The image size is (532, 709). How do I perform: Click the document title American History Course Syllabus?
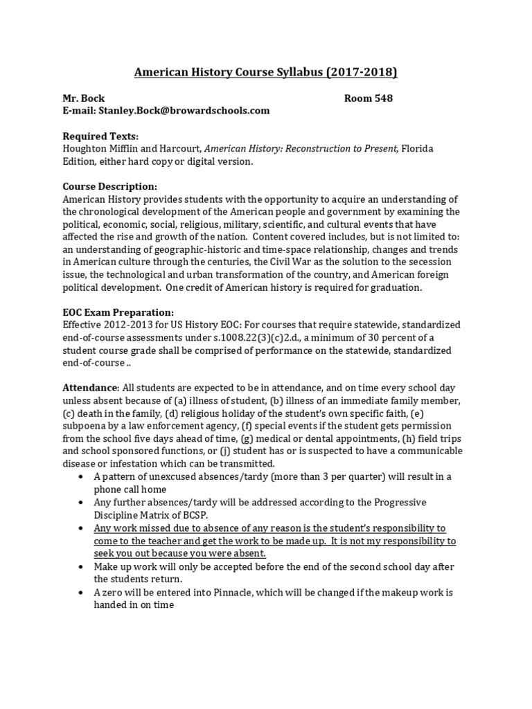(x=265, y=73)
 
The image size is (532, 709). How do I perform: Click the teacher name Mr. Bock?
(x=84, y=98)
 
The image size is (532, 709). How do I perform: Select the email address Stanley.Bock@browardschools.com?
(x=183, y=111)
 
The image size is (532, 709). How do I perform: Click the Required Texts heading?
(x=100, y=136)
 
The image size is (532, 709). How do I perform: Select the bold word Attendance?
(x=91, y=388)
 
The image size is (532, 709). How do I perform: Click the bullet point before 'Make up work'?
(x=83, y=566)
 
